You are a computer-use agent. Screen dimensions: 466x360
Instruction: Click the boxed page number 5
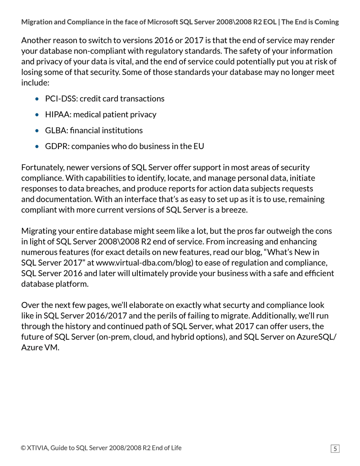pyautogui.click(x=335, y=448)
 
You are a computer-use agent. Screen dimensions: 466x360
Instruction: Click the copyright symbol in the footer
pyautogui.click(x=23, y=448)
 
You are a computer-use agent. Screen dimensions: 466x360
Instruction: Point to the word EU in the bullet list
pyautogui.click(x=198, y=146)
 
